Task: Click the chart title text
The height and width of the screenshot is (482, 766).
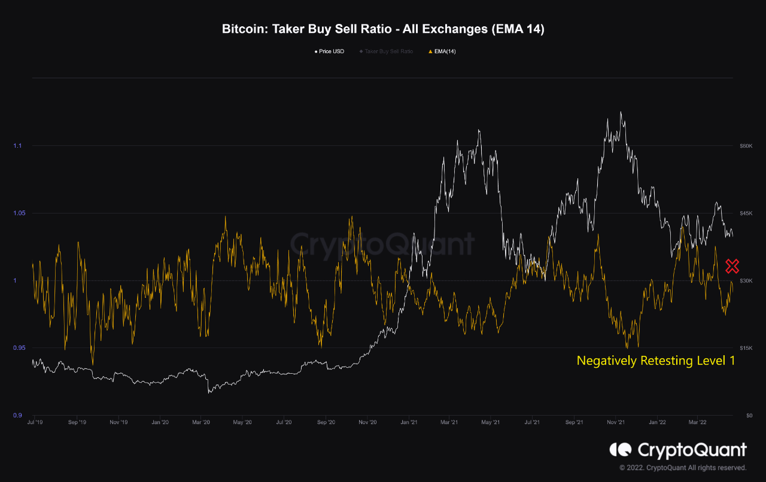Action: coord(383,29)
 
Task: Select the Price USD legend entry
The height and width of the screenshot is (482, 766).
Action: coord(330,51)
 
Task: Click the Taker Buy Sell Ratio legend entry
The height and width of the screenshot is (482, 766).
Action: coord(386,51)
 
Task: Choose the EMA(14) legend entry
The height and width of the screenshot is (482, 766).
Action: coord(442,51)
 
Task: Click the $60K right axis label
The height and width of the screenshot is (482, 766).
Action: coord(745,146)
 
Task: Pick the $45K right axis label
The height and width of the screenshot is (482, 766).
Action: coord(745,213)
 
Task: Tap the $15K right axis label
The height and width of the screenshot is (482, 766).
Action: coord(745,348)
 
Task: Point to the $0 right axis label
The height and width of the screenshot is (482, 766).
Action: coord(747,416)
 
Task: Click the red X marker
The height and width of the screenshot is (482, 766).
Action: coord(732,266)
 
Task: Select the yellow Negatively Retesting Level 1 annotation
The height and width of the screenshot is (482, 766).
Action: coord(655,361)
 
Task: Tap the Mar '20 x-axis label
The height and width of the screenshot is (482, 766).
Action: coord(201,422)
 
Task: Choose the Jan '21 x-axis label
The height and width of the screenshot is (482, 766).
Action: coord(409,422)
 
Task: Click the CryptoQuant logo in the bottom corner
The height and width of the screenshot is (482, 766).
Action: coord(678,450)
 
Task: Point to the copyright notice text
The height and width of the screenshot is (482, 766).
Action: coord(683,468)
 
